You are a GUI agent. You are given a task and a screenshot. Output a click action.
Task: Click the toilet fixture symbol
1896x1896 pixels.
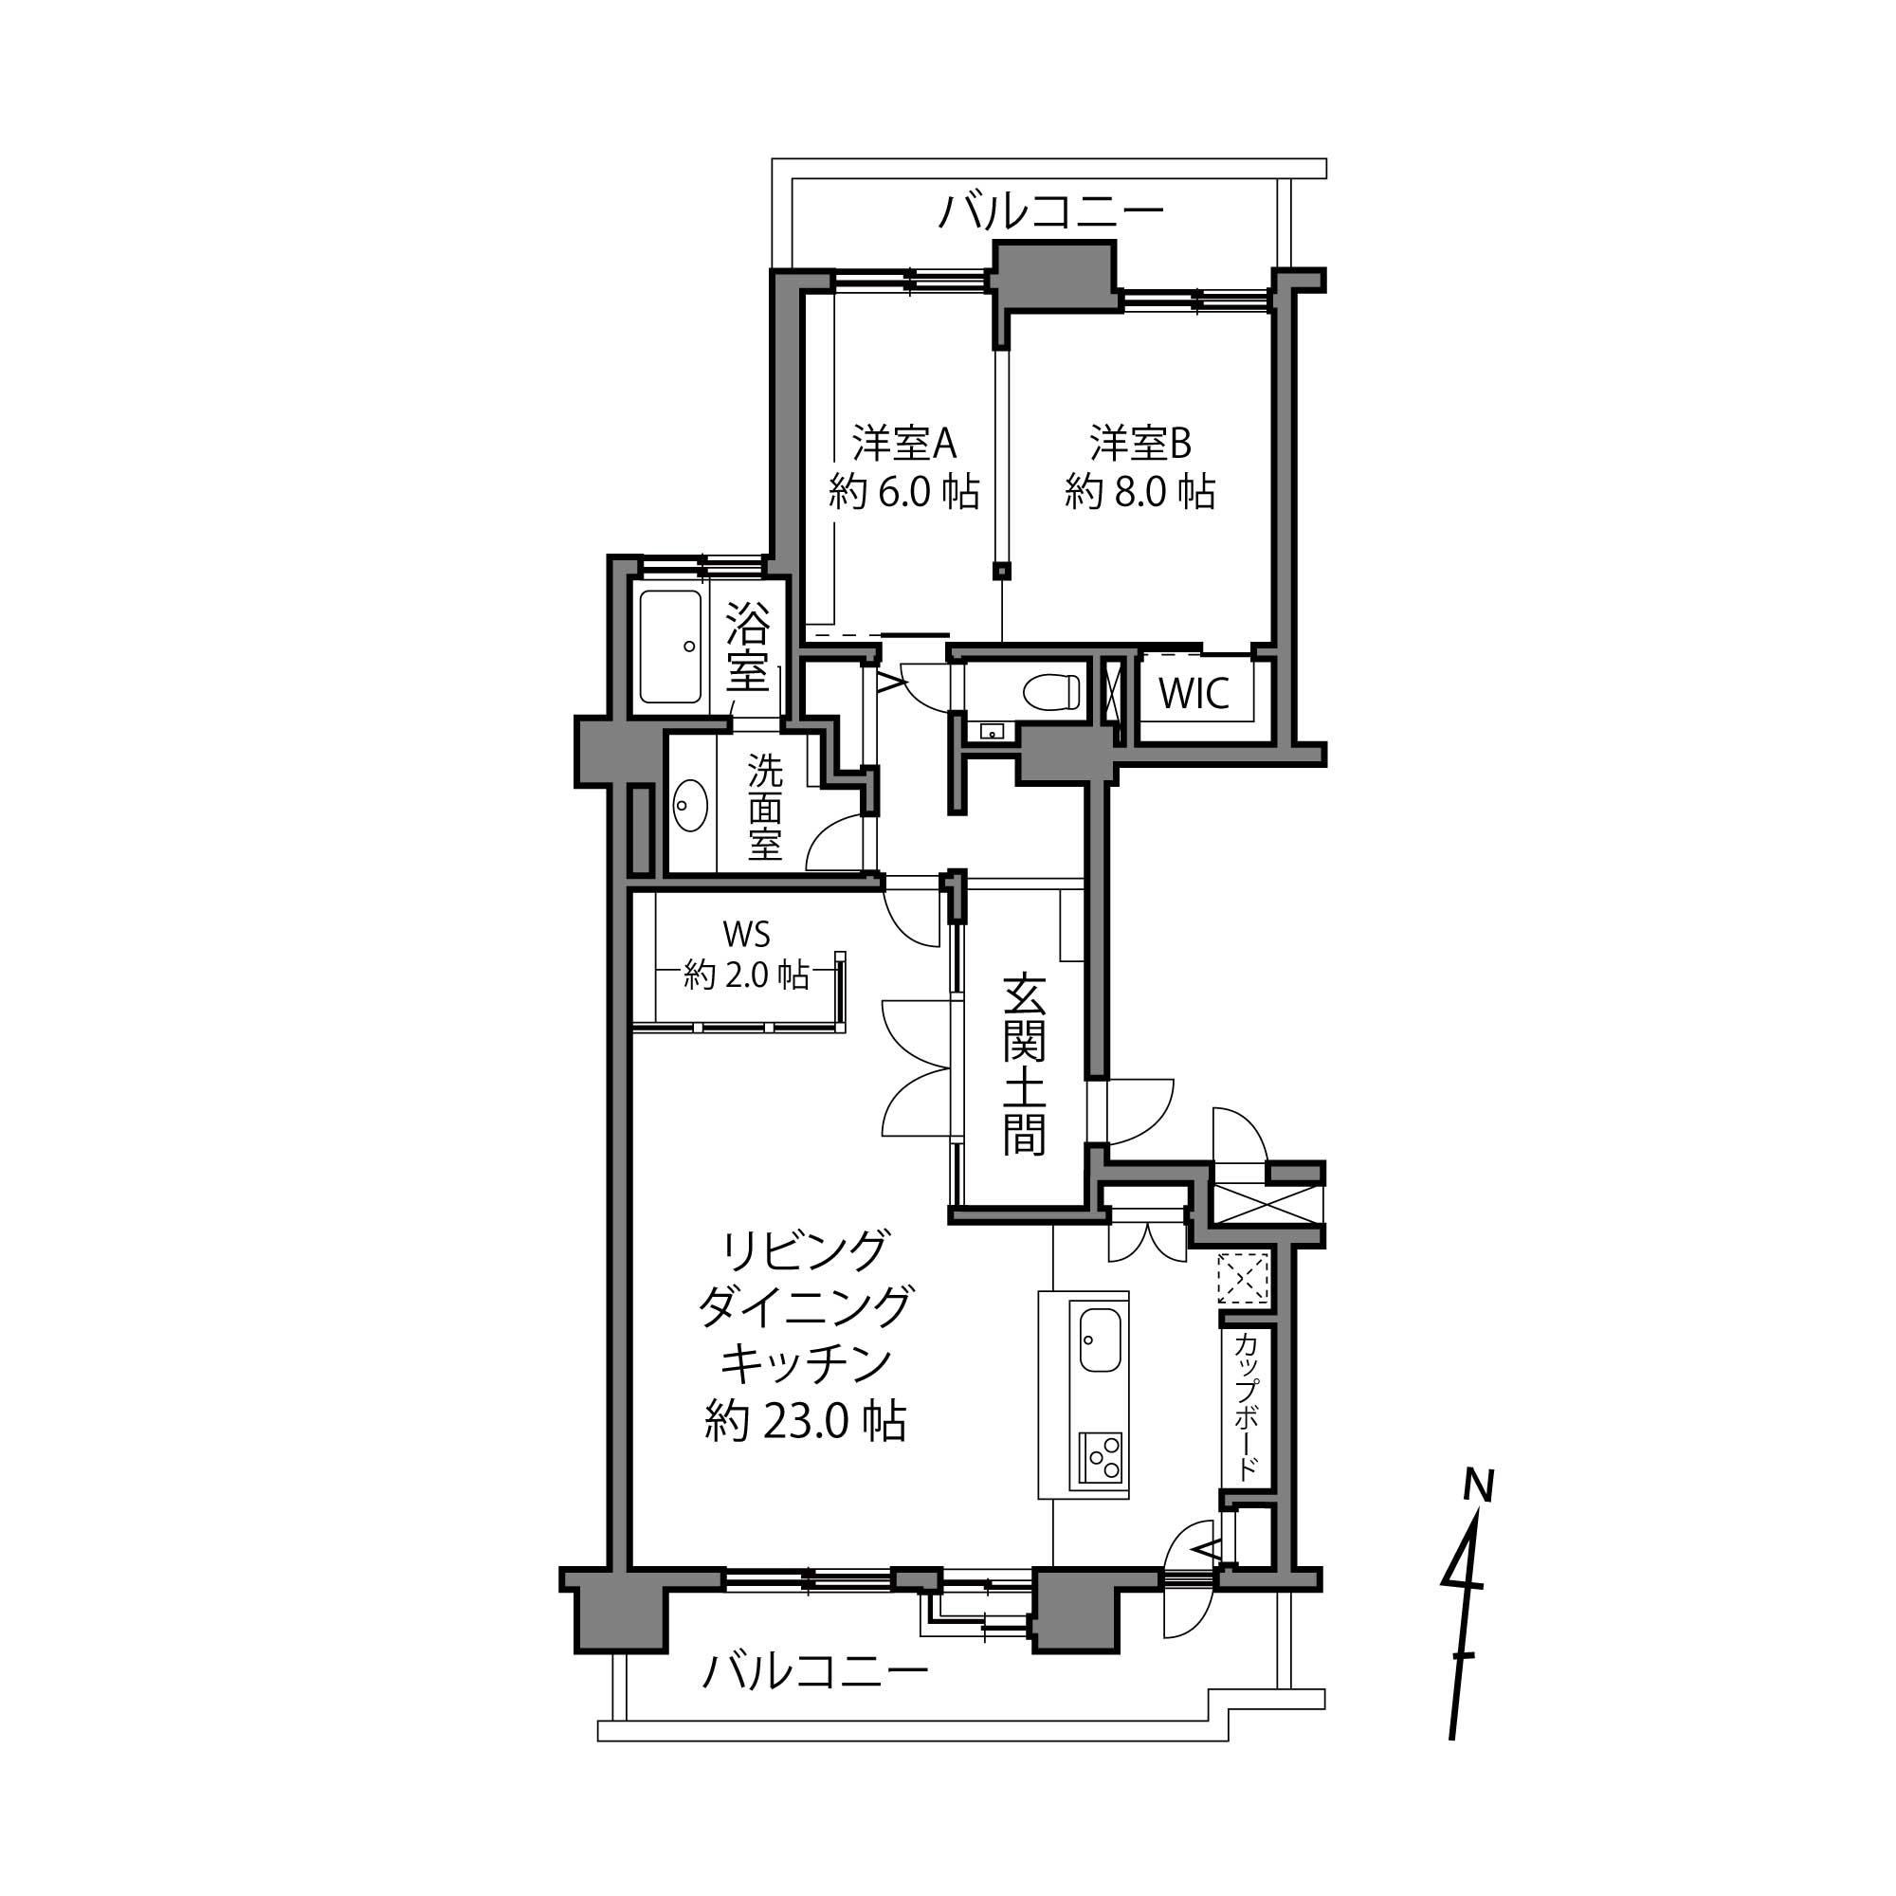tap(1051, 693)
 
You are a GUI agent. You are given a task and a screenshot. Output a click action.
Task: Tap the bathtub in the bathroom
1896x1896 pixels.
tap(671, 647)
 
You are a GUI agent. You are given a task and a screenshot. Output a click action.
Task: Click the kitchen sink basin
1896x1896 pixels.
tap(1100, 1340)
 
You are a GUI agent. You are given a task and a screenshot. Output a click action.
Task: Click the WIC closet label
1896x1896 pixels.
tap(1194, 694)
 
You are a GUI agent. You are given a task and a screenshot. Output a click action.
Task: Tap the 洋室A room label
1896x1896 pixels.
tap(903, 444)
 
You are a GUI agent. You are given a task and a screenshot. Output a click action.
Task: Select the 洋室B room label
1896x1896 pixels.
tap(1140, 444)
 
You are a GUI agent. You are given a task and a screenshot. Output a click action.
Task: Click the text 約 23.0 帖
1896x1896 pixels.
tap(805, 1421)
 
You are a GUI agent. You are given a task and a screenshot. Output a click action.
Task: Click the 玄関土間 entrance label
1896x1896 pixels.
tap(1024, 1065)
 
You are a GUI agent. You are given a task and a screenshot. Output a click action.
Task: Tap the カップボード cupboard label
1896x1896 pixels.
tap(1247, 1405)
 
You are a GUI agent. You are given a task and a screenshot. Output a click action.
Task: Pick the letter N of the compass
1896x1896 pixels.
tap(1477, 1486)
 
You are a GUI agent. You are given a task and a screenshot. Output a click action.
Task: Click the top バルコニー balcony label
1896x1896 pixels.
tap(1051, 211)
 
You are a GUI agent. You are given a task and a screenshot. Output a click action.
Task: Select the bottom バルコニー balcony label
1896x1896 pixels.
tap(814, 1671)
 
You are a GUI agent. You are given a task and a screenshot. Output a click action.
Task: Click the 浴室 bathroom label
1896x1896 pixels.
tap(748, 647)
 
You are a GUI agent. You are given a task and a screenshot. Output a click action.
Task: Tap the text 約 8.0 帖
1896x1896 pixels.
tap(1140, 492)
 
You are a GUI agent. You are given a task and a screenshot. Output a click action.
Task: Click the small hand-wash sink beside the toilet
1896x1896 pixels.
tap(988, 731)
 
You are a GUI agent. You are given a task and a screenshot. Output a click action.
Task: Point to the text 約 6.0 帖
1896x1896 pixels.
tap(903, 492)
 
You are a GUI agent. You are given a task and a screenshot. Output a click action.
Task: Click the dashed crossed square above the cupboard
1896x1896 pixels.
tap(1244, 1278)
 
